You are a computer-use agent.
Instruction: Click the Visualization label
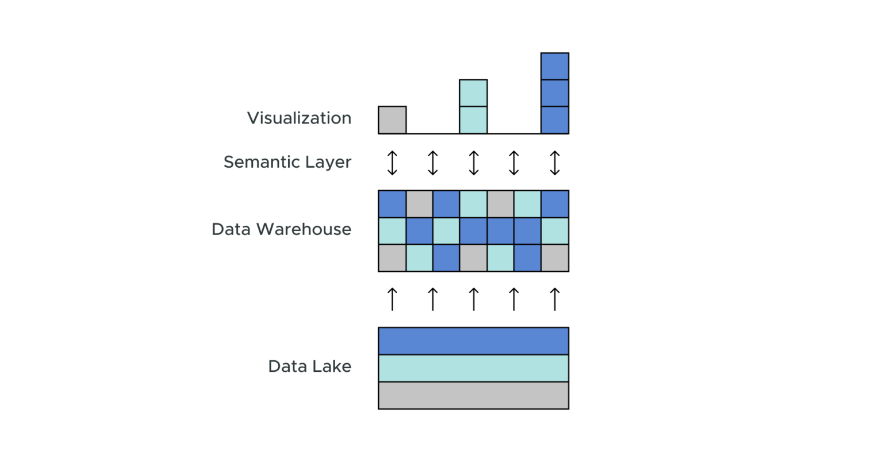click(x=299, y=118)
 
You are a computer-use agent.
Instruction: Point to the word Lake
click(x=331, y=367)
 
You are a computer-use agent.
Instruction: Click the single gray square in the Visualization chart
click(x=392, y=120)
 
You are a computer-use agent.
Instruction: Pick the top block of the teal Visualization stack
click(x=473, y=93)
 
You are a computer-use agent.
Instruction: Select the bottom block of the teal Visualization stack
click(x=473, y=120)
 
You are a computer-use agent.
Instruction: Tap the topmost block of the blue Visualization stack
click(x=555, y=66)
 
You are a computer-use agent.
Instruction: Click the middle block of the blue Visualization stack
click(x=555, y=93)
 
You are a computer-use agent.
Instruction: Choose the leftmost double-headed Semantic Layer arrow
click(x=392, y=163)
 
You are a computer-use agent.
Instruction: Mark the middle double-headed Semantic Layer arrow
click(x=473, y=163)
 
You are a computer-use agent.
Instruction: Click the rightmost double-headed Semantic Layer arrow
click(x=555, y=163)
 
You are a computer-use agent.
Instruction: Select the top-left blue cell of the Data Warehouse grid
click(x=392, y=204)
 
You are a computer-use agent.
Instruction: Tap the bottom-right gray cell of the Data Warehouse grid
click(x=555, y=258)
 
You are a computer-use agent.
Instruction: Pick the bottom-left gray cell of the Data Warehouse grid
click(x=392, y=258)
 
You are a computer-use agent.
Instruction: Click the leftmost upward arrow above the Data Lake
click(x=392, y=299)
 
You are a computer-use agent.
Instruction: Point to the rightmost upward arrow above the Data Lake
click(x=555, y=299)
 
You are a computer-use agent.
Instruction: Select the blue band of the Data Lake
click(x=473, y=341)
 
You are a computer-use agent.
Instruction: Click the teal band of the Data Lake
click(x=473, y=368)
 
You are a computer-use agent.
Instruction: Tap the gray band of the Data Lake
click(x=473, y=395)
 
